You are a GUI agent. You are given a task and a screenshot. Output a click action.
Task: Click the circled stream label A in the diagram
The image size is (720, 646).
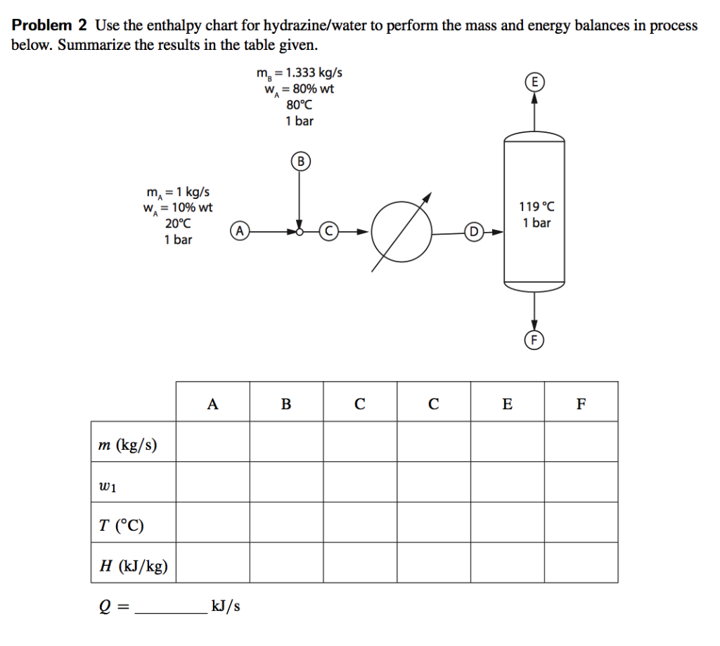240,231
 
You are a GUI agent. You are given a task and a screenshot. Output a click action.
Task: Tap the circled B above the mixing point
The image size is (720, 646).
300,161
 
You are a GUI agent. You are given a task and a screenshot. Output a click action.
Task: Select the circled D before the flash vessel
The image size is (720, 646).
474,231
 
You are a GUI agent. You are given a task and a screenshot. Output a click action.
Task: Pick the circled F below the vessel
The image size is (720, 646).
534,340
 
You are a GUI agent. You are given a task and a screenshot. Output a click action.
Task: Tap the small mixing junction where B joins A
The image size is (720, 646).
300,231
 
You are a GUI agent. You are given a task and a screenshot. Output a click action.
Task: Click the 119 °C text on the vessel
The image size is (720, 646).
536,207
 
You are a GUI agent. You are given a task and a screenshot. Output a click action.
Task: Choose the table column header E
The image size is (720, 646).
507,403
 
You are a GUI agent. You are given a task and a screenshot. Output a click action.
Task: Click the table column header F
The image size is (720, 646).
581,403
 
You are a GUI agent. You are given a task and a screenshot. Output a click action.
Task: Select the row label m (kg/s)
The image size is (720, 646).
128,444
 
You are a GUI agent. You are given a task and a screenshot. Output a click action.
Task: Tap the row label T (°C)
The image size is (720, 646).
122,525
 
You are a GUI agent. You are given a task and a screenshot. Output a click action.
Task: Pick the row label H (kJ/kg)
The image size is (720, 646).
134,565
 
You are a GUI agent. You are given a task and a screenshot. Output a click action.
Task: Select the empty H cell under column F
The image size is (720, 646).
581,562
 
